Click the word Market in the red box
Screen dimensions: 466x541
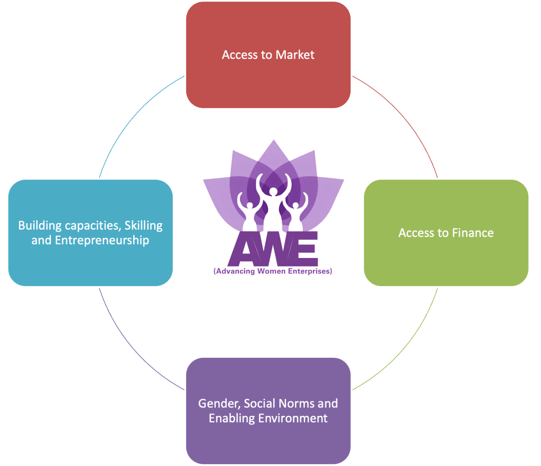(295, 55)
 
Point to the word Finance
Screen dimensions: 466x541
(473, 233)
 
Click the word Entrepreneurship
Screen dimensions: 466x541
(102, 241)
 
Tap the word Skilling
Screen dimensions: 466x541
(144, 226)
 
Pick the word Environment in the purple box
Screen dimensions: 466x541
(292, 418)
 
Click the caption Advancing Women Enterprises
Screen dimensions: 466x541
(273, 272)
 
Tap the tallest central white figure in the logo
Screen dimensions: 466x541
(273, 209)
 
